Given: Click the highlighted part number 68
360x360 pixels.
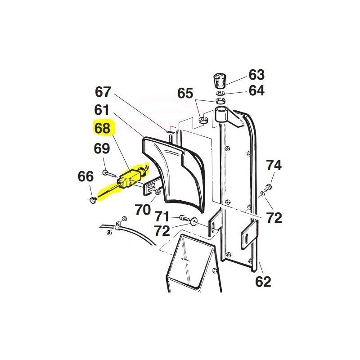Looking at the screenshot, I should [x=103, y=128].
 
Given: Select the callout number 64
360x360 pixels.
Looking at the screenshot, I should [x=256, y=90].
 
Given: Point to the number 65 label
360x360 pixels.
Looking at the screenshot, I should [x=185, y=94].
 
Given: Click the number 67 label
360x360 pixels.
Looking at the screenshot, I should [x=103, y=92].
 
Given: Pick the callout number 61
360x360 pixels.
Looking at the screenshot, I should [x=102, y=109].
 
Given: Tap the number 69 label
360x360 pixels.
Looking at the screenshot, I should [x=102, y=148].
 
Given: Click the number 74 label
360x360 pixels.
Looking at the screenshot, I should [x=273, y=165].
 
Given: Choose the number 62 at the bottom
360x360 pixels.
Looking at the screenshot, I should [x=263, y=282].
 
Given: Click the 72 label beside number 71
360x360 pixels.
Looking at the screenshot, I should [x=162, y=231].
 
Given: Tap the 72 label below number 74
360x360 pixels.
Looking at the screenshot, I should [x=273, y=218].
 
